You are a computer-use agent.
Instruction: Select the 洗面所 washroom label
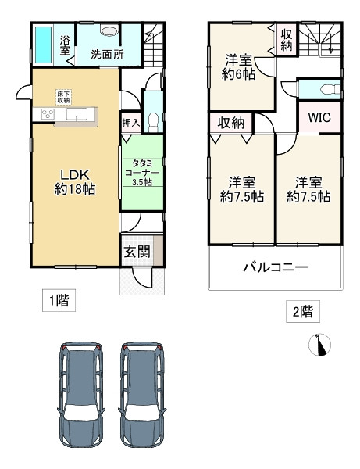[106, 55]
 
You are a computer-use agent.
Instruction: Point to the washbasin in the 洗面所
[109, 32]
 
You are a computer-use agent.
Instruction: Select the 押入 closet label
[131, 123]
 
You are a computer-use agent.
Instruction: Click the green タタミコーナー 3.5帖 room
[142, 171]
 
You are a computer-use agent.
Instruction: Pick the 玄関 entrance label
[137, 252]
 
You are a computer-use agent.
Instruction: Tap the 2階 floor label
[302, 313]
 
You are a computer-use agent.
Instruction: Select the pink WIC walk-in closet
[319, 118]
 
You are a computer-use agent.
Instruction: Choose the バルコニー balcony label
[274, 267]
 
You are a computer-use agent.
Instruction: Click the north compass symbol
[321, 345]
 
